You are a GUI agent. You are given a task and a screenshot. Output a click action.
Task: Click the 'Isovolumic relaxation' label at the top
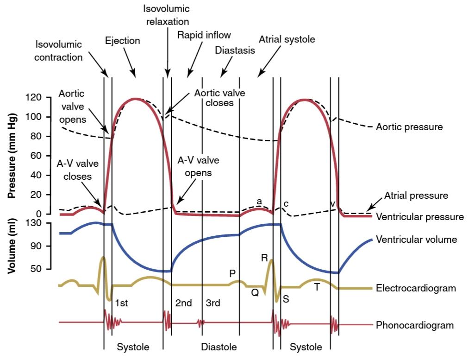pyautogui.click(x=166, y=15)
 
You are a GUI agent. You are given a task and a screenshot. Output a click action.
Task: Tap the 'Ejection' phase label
pyautogui.click(x=123, y=40)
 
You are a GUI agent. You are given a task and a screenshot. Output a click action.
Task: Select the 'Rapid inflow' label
pyautogui.click(x=204, y=35)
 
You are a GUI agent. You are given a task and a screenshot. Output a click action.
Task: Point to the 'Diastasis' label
pyautogui.click(x=235, y=50)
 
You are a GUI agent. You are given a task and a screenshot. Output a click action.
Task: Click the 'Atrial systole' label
pyautogui.click(x=287, y=39)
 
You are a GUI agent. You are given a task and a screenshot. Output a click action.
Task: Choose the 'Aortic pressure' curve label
pyautogui.click(x=409, y=127)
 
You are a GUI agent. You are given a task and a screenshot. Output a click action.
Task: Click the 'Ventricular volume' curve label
pyautogui.click(x=416, y=240)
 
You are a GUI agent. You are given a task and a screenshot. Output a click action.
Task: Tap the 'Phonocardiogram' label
pyautogui.click(x=414, y=325)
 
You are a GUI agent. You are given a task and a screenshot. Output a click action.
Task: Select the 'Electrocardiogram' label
pyautogui.click(x=416, y=288)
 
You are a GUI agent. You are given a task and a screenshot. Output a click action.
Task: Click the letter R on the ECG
pyautogui.click(x=264, y=258)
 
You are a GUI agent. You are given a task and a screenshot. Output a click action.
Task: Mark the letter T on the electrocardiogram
pyautogui.click(x=317, y=287)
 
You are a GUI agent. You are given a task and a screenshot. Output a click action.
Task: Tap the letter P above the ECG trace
pyautogui.click(x=232, y=273)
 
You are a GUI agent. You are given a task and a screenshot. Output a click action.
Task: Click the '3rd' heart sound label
pyautogui.click(x=213, y=303)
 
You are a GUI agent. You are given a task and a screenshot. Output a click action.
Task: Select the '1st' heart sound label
pyautogui.click(x=121, y=303)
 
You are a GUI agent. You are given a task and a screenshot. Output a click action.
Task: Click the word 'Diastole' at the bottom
pyautogui.click(x=219, y=347)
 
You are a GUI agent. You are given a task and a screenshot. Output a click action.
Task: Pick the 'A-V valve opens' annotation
pyautogui.click(x=198, y=166)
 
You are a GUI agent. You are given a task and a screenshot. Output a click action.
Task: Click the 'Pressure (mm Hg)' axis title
pyautogui.click(x=12, y=156)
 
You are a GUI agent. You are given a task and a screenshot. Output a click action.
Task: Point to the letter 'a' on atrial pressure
pyautogui.click(x=259, y=202)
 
